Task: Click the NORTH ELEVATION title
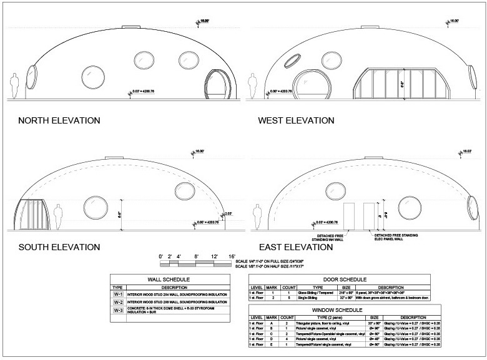pyautogui.click(x=59, y=120)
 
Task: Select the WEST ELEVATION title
pyautogui.click(x=294, y=120)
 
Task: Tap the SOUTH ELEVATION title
pyautogui.click(x=59, y=248)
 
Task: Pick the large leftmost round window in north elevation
pyautogui.click(x=91, y=76)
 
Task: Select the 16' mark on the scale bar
pyautogui.click(x=231, y=256)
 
